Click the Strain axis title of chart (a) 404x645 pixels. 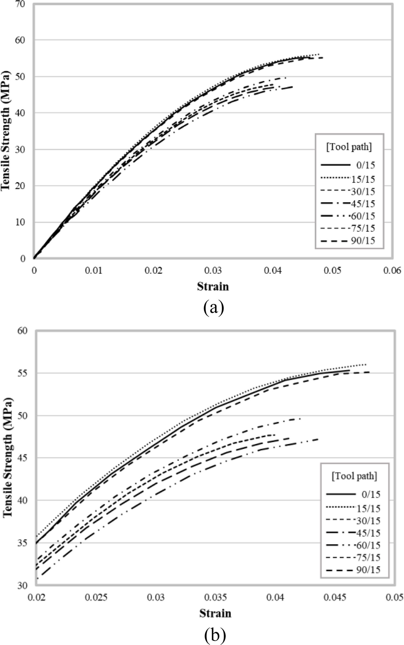(x=213, y=287)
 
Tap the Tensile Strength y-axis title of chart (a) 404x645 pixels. (x=6, y=131)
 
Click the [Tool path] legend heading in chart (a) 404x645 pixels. (x=349, y=147)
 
